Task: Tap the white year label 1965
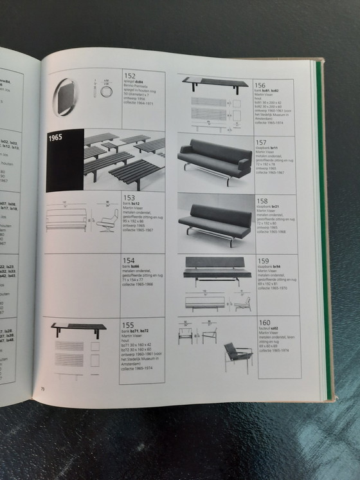(59, 138)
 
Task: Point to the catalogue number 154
(129, 260)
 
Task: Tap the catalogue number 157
(262, 142)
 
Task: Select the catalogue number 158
(262, 200)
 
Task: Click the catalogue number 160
(264, 322)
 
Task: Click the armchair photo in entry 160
(238, 355)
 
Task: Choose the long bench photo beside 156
(215, 82)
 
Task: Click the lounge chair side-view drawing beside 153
(107, 221)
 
